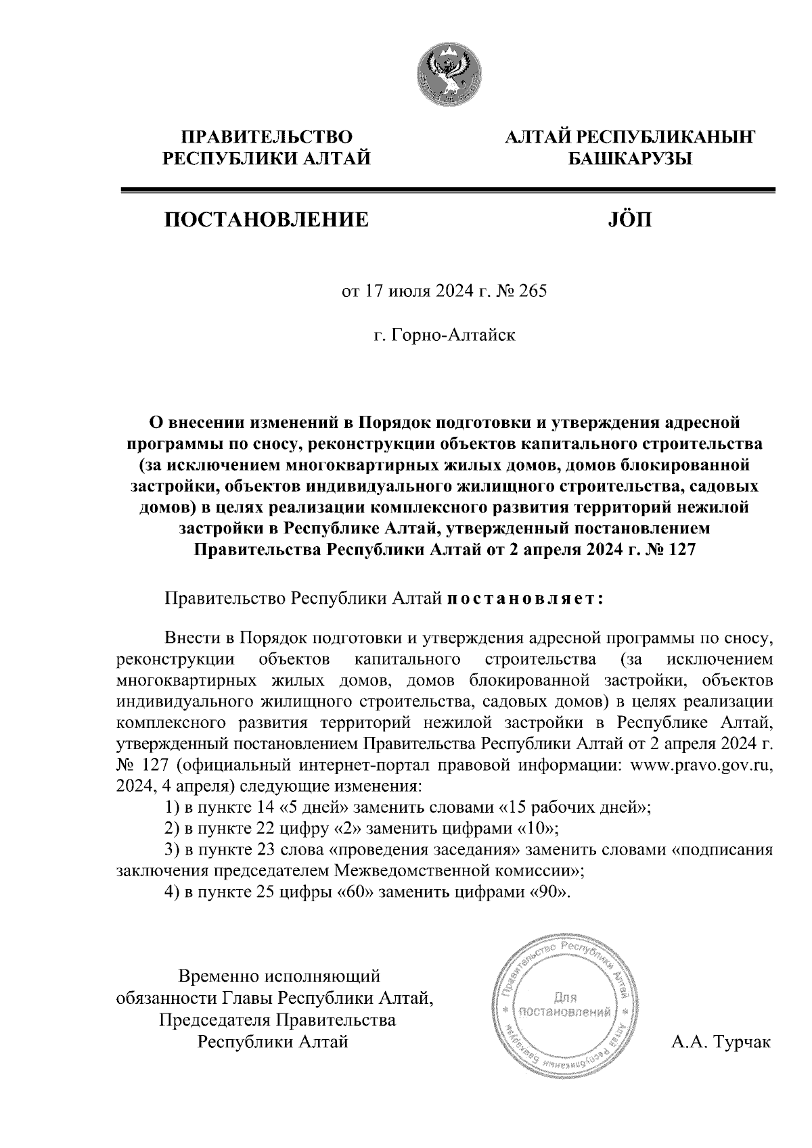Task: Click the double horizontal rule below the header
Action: coord(447,191)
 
